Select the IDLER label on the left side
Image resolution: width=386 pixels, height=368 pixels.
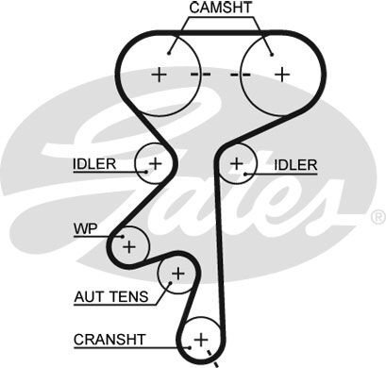click(94, 163)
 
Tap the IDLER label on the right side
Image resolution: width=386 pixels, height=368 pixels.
click(295, 164)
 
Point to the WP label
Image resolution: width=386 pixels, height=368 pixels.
click(84, 228)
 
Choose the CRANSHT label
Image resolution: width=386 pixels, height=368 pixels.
click(106, 337)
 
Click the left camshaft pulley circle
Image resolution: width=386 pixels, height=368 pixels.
click(159, 73)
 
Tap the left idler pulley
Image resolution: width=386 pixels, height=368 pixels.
click(154, 164)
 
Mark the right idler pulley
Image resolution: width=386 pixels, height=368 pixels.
click(237, 164)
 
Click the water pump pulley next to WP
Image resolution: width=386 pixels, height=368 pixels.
click(128, 245)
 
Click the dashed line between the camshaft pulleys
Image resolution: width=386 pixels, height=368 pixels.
click(218, 74)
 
